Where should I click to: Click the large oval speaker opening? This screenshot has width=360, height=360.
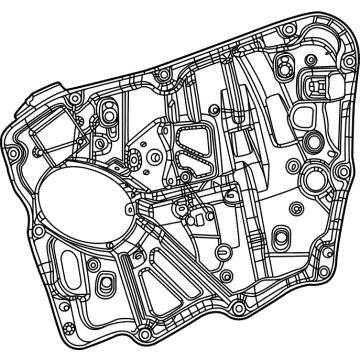(x=93, y=206)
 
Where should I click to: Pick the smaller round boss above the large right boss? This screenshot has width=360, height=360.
(x=292, y=162)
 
